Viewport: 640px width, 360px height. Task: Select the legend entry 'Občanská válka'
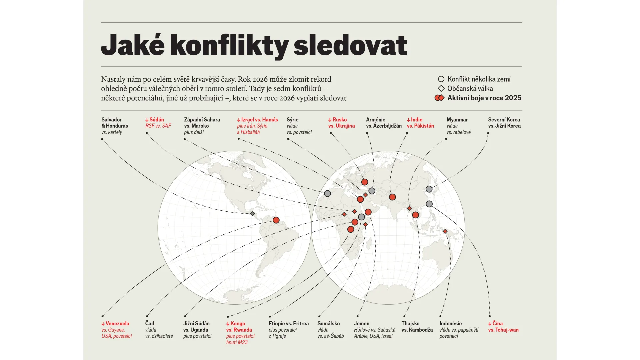tap(470, 89)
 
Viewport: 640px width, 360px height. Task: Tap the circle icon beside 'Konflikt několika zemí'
tap(441, 79)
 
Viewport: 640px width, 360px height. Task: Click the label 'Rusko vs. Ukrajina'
tap(341, 123)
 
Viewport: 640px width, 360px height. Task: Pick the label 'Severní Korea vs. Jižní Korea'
tap(504, 123)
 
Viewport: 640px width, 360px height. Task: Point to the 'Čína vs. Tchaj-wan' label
tap(503, 327)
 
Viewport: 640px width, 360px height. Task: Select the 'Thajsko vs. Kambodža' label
tap(417, 327)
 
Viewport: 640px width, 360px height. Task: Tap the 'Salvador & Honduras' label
tap(115, 123)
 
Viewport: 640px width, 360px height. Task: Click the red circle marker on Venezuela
tap(276, 220)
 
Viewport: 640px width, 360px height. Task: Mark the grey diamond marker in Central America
tap(252, 214)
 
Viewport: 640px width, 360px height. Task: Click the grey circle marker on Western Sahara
tap(327, 193)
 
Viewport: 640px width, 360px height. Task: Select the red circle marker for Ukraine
tap(365, 182)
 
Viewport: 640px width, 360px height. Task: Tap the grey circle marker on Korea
tap(429, 189)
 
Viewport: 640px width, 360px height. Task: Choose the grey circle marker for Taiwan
tap(429, 204)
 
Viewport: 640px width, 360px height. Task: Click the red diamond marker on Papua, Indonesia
tap(445, 231)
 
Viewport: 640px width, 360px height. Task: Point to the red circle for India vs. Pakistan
tap(392, 197)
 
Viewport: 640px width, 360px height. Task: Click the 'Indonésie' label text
tap(450, 324)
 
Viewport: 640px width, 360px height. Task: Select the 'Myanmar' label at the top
tap(457, 120)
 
